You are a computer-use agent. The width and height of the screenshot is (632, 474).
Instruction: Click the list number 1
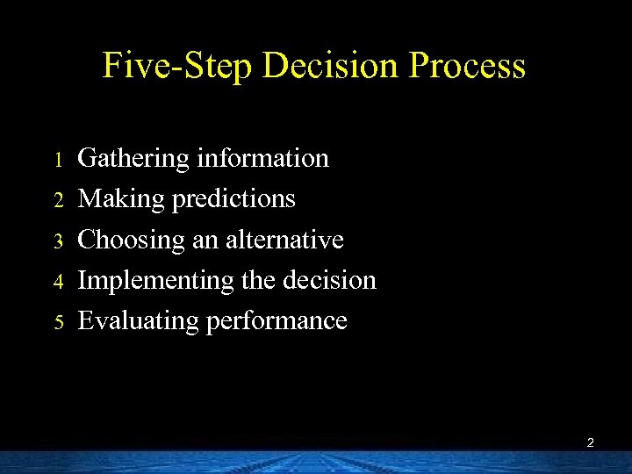click(x=59, y=160)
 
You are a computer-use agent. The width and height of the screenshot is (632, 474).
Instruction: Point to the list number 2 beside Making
click(x=59, y=200)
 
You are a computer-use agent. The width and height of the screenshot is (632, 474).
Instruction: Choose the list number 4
click(x=59, y=282)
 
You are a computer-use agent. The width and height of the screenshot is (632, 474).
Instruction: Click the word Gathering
click(x=133, y=160)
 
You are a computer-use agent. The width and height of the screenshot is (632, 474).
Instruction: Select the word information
click(x=262, y=158)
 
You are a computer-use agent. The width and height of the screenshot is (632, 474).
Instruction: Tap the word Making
click(x=121, y=200)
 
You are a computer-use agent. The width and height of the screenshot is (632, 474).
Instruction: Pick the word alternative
click(x=284, y=240)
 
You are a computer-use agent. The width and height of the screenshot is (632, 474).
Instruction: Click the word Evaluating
click(x=138, y=321)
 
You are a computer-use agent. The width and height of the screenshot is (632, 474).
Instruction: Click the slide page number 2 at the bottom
click(x=590, y=443)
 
